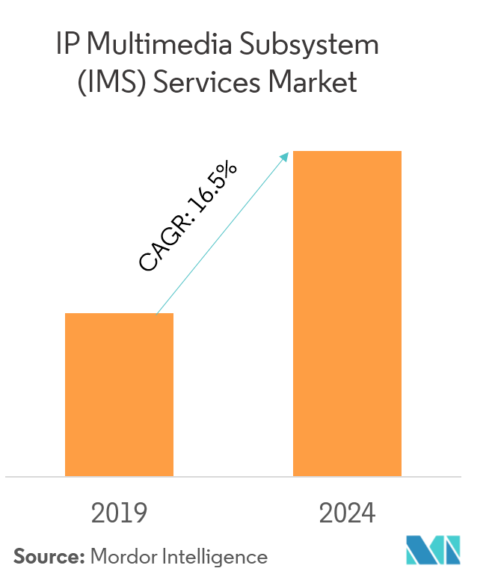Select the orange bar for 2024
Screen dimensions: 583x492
(347, 314)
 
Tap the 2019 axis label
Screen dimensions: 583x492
(120, 513)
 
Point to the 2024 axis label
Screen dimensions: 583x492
(347, 513)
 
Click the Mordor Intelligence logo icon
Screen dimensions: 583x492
(433, 550)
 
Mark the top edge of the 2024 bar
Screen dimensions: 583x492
(347, 152)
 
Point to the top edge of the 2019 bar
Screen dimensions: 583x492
(120, 314)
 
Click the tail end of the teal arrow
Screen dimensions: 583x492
(156, 313)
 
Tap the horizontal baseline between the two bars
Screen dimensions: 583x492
(233, 476)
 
